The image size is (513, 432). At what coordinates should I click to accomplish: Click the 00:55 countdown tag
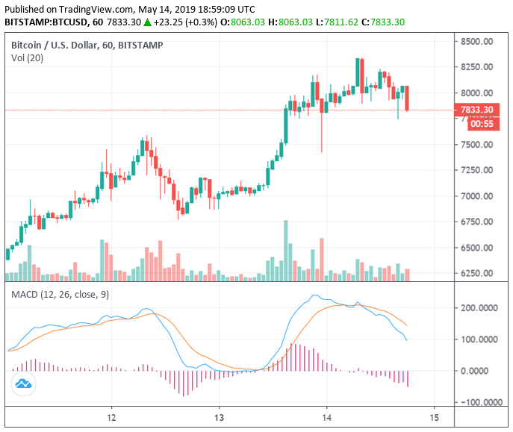[482, 124]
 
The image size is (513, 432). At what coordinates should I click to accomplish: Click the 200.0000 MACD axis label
[479, 307]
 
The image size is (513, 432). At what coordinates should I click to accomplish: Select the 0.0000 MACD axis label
[482, 371]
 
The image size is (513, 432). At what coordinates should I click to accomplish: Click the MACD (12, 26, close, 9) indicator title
[60, 294]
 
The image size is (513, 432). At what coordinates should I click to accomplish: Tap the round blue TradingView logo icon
[22, 384]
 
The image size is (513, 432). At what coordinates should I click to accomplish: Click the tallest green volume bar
[285, 250]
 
